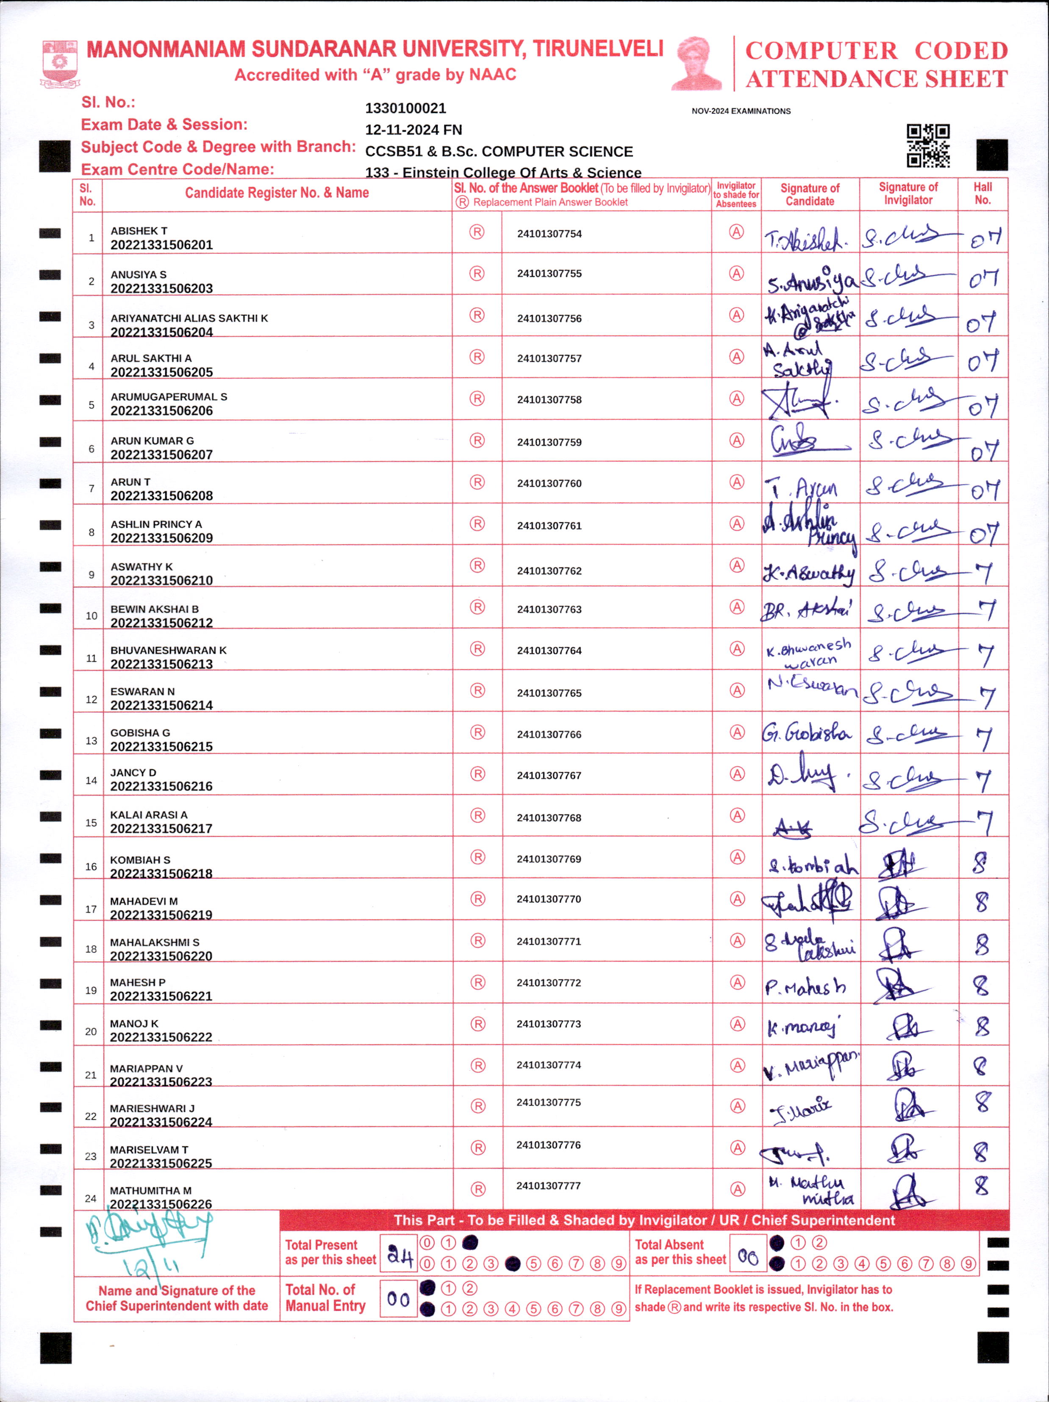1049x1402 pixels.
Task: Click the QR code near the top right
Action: click(x=927, y=145)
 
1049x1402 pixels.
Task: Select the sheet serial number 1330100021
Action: click(x=405, y=108)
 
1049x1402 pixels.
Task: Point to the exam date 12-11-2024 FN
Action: click(x=413, y=130)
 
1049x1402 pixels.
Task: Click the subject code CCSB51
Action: click(x=393, y=152)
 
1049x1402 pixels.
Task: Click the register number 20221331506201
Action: click(x=161, y=245)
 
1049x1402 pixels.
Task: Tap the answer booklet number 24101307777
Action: click(x=548, y=1185)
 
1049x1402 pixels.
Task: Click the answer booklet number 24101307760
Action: click(x=549, y=483)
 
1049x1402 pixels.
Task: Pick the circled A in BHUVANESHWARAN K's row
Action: click(x=736, y=648)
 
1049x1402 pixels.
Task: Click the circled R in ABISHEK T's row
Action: click(x=477, y=232)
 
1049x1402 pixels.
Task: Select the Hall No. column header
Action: click(x=982, y=193)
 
